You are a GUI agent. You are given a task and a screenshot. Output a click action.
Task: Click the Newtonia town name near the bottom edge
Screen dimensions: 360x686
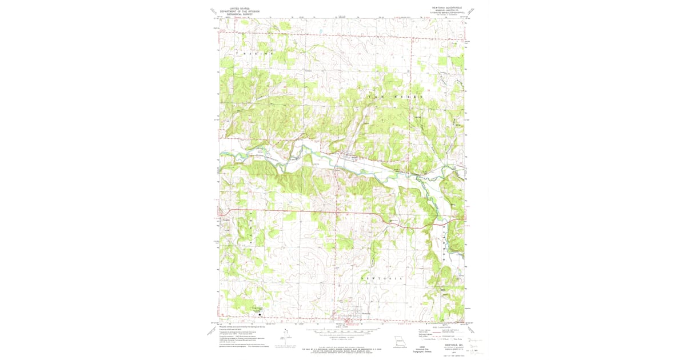pyautogui.click(x=366, y=314)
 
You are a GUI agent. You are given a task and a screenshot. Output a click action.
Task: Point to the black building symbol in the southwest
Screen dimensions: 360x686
pyautogui.click(x=261, y=314)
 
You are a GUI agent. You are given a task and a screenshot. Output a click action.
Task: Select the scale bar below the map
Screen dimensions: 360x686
pyautogui.click(x=342, y=331)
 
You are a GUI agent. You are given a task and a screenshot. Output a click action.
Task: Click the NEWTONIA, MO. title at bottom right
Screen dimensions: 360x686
pyautogui.click(x=448, y=345)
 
